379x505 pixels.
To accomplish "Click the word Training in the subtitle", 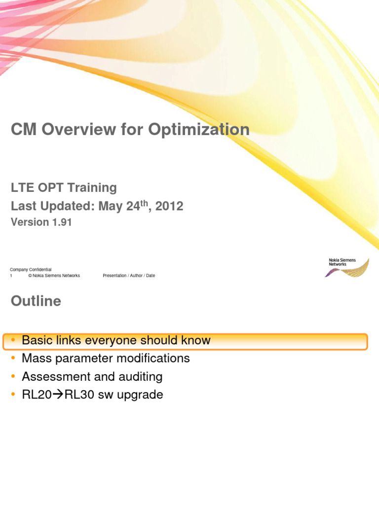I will click(92, 188).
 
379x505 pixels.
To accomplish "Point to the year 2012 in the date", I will click(169, 206).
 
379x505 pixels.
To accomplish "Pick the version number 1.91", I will click(61, 222).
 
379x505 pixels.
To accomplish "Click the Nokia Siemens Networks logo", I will click(348, 267).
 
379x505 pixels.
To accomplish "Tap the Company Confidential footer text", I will click(31, 270).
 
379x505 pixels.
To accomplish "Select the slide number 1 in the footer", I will click(11, 276).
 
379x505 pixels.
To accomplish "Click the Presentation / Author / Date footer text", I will click(129, 276).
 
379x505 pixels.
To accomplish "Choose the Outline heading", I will click(36, 301).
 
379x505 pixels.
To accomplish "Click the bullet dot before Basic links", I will click(14, 340).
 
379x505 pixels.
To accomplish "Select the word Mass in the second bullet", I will click(36, 359).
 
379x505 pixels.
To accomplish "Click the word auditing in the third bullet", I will click(142, 377).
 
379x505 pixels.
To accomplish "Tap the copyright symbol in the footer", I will click(30, 276).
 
